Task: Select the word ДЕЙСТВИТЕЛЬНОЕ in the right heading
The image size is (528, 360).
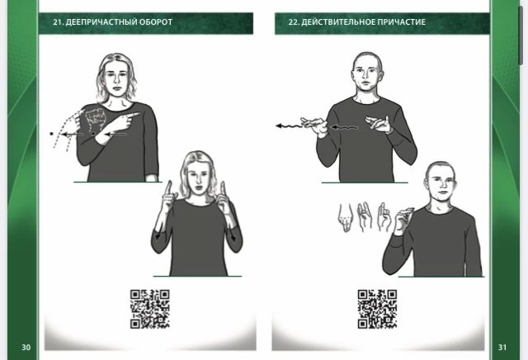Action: (x=338, y=22)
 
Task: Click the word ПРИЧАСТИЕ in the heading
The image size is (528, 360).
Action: (x=402, y=22)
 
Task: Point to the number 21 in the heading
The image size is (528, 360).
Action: (x=58, y=22)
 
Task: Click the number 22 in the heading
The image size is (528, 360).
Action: (x=293, y=22)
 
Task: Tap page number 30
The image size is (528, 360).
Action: (x=26, y=347)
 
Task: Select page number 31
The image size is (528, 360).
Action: (x=502, y=347)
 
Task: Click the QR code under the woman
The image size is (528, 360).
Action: (x=150, y=309)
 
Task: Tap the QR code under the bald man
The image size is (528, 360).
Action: (x=377, y=309)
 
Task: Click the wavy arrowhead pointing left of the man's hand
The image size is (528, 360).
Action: (x=279, y=126)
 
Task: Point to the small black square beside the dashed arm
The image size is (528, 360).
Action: (x=51, y=134)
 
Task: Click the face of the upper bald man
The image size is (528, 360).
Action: (x=366, y=75)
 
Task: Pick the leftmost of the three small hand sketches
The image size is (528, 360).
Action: (x=345, y=217)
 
